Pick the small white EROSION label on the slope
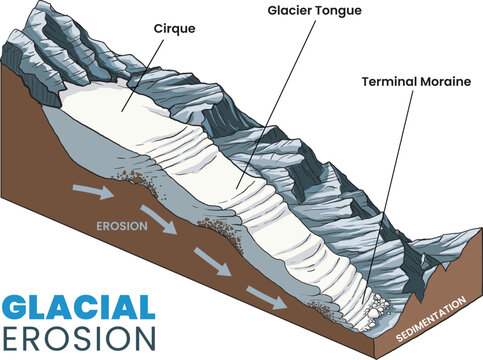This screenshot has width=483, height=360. pyautogui.click(x=122, y=226)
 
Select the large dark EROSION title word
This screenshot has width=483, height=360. pyautogui.click(x=78, y=338)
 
